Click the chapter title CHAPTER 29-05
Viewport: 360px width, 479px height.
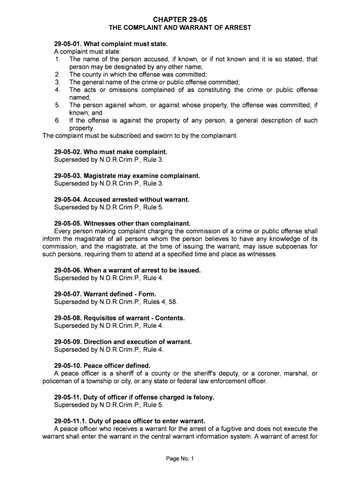pyautogui.click(x=180, y=19)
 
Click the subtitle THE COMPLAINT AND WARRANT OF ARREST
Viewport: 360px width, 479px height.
pyautogui.click(x=180, y=28)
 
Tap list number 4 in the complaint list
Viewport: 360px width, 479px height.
pyautogui.click(x=58, y=90)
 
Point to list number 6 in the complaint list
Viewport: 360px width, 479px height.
pyautogui.click(x=58, y=121)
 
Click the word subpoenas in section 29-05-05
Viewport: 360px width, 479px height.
pyautogui.click(x=294, y=247)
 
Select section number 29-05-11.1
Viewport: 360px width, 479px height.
pyautogui.click(x=71, y=421)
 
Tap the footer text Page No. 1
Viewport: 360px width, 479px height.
pyautogui.click(x=180, y=459)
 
